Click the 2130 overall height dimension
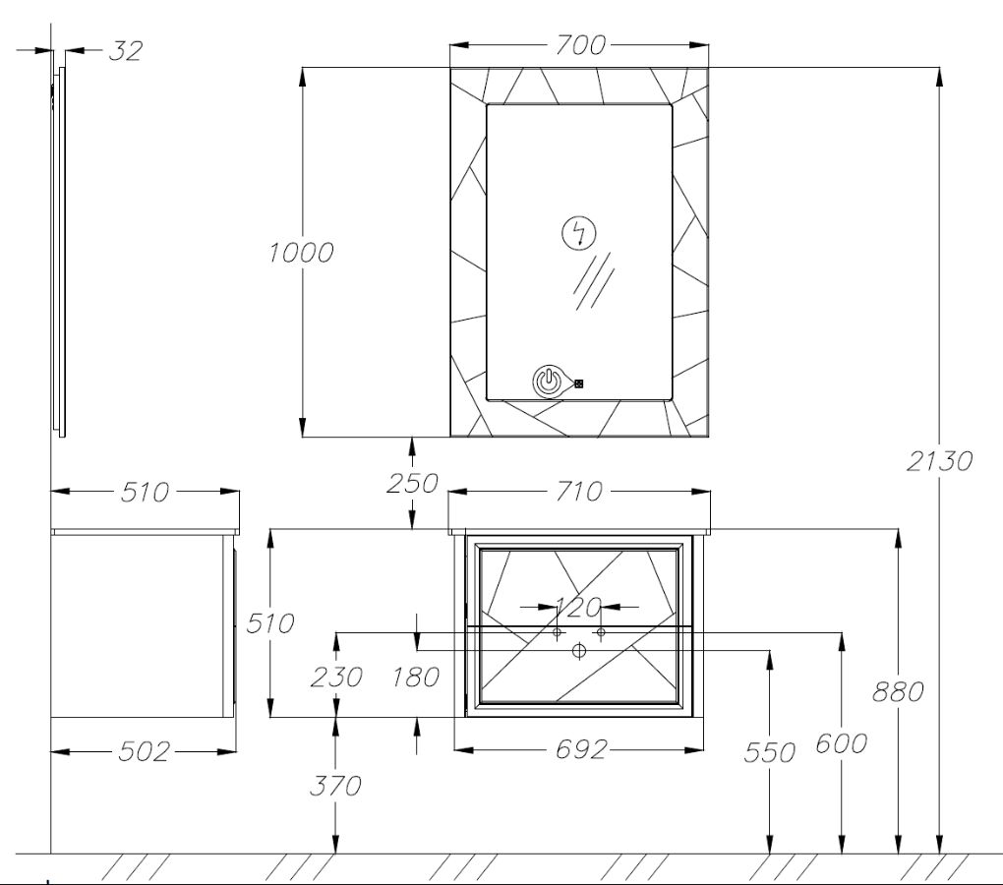click(939, 460)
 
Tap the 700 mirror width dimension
click(580, 45)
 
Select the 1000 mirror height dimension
click(301, 253)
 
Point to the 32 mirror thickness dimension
click(126, 50)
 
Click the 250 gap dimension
click(413, 484)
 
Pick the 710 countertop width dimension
click(579, 492)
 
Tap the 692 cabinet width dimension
click(580, 749)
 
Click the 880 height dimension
click(898, 691)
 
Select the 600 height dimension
click(842, 743)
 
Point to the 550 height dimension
click(770, 752)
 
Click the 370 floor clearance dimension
click(336, 786)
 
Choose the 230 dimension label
click(336, 677)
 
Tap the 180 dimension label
click(416, 677)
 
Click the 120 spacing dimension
click(579, 607)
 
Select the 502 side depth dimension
click(145, 751)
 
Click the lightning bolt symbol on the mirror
click(579, 233)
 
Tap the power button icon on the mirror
click(549, 382)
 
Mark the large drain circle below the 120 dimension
click(579, 651)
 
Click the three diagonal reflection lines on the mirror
click(592, 280)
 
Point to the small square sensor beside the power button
click(579, 383)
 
